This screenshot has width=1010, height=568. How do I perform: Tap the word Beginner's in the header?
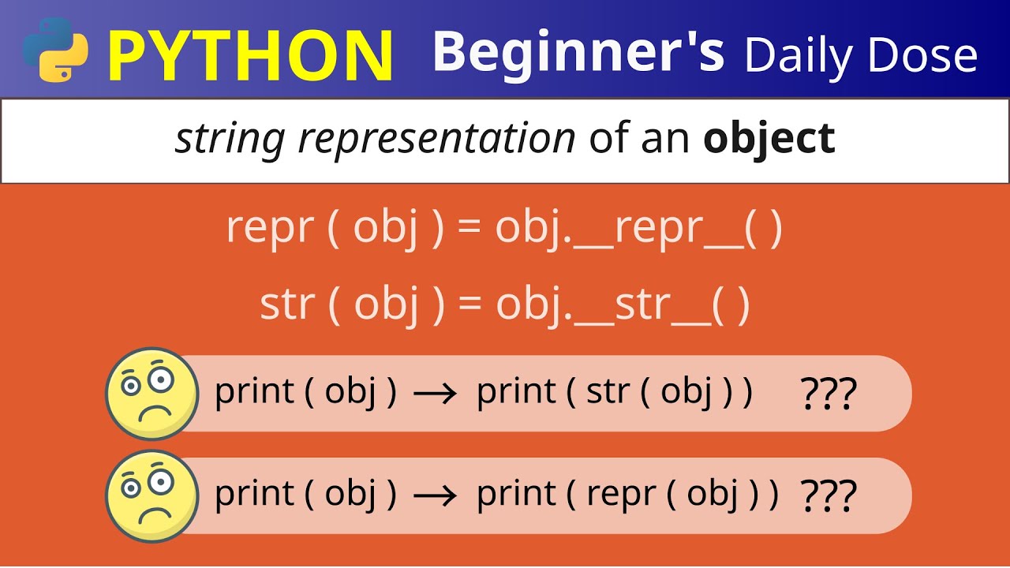[x=578, y=52]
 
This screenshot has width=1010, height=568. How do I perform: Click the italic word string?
[x=230, y=140]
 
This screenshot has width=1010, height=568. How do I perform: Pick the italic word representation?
[x=437, y=139]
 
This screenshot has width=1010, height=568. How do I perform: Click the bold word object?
[x=769, y=139]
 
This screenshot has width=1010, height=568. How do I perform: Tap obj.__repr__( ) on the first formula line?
[x=639, y=230]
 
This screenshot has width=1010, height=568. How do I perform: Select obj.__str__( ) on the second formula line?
[x=623, y=305]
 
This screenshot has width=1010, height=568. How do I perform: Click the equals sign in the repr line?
[x=469, y=230]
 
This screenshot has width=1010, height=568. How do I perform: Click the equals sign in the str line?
[x=469, y=305]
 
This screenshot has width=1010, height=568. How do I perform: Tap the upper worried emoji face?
[x=151, y=393]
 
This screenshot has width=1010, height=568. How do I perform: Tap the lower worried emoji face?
[x=151, y=495]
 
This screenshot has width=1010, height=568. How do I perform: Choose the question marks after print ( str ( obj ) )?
[x=828, y=394]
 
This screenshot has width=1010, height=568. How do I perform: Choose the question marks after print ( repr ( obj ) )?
[x=828, y=495]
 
